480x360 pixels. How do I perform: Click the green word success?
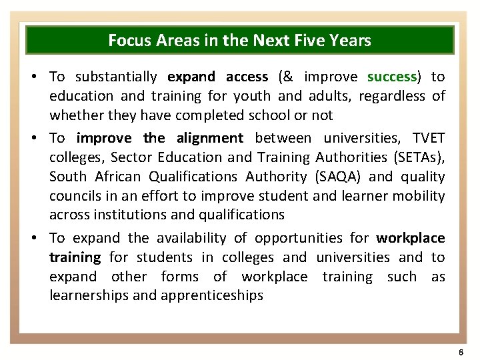pos(391,77)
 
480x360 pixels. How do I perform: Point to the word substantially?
pos(116,77)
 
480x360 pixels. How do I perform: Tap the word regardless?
pos(391,96)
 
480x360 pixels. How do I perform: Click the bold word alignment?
pos(210,138)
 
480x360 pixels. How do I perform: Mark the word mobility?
pos(419,196)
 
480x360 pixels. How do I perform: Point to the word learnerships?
pos(89,295)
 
